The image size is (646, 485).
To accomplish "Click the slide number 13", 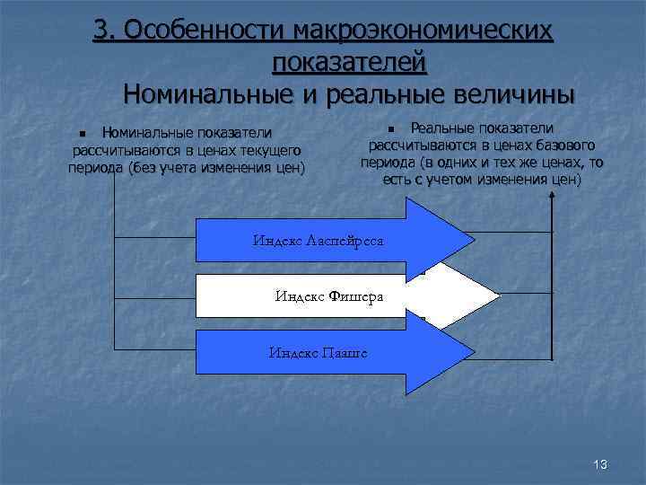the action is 600,464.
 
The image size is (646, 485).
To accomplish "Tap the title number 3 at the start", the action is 101,31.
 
